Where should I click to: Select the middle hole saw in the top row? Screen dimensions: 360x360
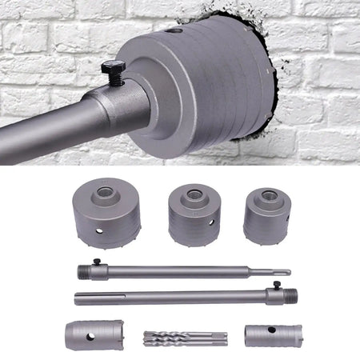click(x=194, y=214)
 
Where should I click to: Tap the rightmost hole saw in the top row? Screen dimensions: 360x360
click(x=266, y=214)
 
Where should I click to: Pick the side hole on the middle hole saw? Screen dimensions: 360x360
click(x=212, y=222)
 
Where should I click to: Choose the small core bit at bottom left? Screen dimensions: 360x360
click(x=94, y=334)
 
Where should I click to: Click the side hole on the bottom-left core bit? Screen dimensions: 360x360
click(x=90, y=334)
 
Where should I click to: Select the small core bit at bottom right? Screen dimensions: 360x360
click(x=272, y=334)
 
